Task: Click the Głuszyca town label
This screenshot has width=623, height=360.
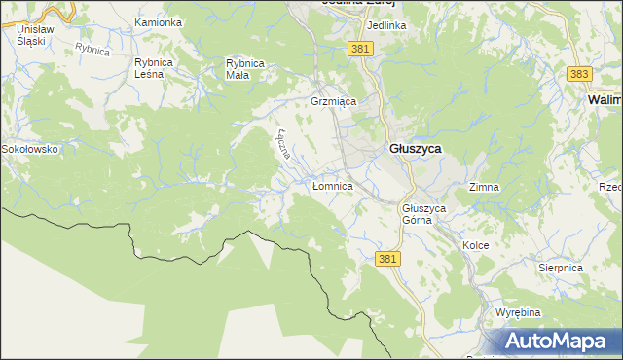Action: pyautogui.click(x=416, y=149)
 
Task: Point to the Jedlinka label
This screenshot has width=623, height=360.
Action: pyautogui.click(x=386, y=25)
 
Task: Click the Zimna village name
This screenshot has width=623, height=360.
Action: pyautogui.click(x=484, y=186)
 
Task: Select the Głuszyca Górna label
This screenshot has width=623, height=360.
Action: pyautogui.click(x=423, y=214)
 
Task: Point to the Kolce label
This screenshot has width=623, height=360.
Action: pyautogui.click(x=475, y=246)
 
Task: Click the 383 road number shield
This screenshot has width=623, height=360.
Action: pyautogui.click(x=579, y=74)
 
